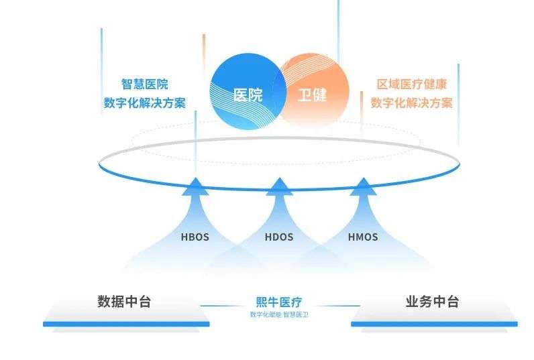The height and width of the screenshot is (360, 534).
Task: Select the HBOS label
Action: (x=195, y=237)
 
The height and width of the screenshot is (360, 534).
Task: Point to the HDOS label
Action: (x=279, y=237)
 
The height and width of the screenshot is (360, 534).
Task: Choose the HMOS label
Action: (x=363, y=237)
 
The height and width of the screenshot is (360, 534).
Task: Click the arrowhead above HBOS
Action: (x=195, y=187)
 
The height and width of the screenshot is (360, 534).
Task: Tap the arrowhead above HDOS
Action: (x=279, y=187)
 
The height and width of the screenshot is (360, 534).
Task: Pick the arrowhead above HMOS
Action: (x=363, y=187)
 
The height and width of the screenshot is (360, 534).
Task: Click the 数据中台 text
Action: (x=124, y=302)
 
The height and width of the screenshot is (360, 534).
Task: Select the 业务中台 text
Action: (x=432, y=302)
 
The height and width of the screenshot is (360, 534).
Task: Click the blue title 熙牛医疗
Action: (x=279, y=302)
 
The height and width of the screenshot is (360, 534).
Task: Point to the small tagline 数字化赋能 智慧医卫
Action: (x=279, y=314)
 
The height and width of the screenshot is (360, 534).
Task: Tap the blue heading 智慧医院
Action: (x=145, y=84)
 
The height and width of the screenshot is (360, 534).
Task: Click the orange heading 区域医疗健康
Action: (x=412, y=84)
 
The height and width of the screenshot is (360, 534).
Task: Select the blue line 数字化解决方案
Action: (x=145, y=103)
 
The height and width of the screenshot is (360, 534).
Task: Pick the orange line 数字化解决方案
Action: (x=412, y=103)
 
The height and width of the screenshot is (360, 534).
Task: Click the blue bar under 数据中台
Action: (x=126, y=324)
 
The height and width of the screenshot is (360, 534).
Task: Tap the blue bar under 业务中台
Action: (x=434, y=324)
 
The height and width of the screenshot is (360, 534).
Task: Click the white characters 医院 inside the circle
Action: (x=248, y=95)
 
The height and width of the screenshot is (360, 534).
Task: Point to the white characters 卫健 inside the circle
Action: (x=312, y=95)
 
